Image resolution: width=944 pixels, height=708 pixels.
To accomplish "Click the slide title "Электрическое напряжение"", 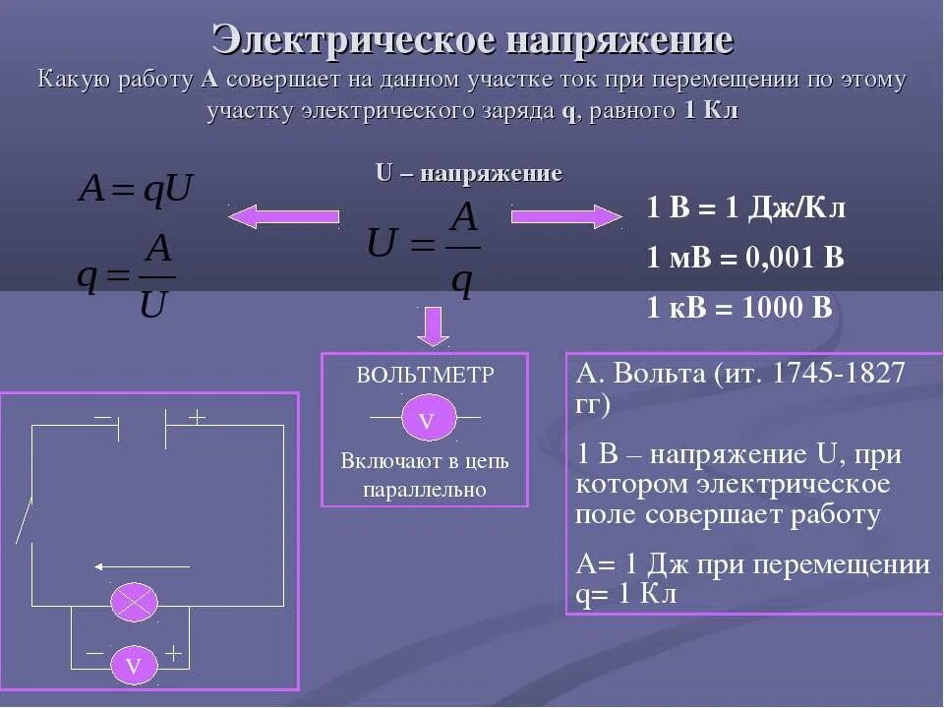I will coord(472,41).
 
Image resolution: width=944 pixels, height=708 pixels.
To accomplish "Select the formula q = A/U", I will coord(128,276).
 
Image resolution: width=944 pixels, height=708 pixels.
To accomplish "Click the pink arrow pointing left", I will coord(284,215).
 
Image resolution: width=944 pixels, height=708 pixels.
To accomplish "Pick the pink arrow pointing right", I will coord(566,215).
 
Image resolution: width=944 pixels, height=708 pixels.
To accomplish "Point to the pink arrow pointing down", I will coord(433,325).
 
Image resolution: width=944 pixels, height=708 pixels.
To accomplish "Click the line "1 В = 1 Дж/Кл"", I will coord(745,207).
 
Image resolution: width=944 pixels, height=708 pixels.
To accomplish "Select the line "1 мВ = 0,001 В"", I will coord(744,258).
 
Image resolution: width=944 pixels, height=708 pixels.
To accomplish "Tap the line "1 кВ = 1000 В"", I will coord(738,307).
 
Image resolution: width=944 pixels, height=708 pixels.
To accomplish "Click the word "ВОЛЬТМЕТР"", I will coord(425,375).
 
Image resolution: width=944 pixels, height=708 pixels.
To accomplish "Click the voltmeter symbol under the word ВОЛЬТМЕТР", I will coord(426,419).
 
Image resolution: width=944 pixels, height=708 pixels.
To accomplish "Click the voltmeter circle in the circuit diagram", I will coord(134,666).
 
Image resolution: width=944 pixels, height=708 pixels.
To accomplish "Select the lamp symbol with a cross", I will coord(134,602).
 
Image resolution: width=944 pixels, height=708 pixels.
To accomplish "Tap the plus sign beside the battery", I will coord(197,417).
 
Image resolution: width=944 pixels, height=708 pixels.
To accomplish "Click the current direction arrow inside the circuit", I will coord(142,566).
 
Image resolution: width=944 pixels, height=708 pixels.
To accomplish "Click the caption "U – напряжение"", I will coord(469,174).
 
